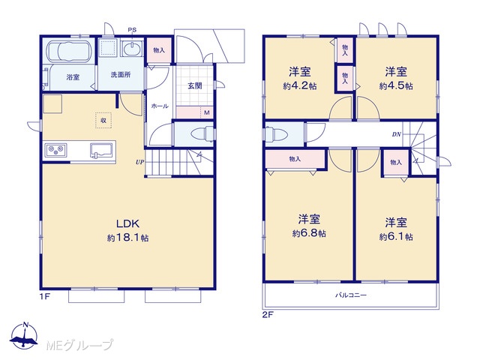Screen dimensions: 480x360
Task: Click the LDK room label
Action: (x=127, y=223)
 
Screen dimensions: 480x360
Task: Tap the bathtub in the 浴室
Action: (x=69, y=51)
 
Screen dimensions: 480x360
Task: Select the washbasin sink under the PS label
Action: (x=132, y=49)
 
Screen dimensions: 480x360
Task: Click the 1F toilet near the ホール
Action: (x=202, y=134)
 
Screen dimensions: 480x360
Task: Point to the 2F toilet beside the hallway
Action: (x=276, y=134)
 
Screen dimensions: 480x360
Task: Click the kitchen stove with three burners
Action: (x=55, y=149)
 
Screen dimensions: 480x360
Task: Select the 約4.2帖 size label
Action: (x=300, y=86)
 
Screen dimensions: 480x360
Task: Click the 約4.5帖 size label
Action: (x=396, y=86)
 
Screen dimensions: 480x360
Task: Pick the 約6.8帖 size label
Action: (x=309, y=234)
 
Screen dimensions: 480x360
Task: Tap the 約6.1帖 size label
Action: (x=396, y=237)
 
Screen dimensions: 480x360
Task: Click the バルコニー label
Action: (x=351, y=295)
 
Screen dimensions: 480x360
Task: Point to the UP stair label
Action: (x=139, y=162)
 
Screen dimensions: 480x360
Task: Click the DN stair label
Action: (x=397, y=134)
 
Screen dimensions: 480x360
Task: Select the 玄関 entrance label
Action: (x=195, y=85)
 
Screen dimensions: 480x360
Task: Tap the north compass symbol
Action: (x=25, y=335)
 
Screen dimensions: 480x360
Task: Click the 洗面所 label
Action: (x=121, y=74)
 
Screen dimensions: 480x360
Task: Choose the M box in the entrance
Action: (x=207, y=112)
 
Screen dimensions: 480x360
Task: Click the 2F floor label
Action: (x=268, y=315)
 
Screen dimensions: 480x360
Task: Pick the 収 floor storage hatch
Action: (x=103, y=120)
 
